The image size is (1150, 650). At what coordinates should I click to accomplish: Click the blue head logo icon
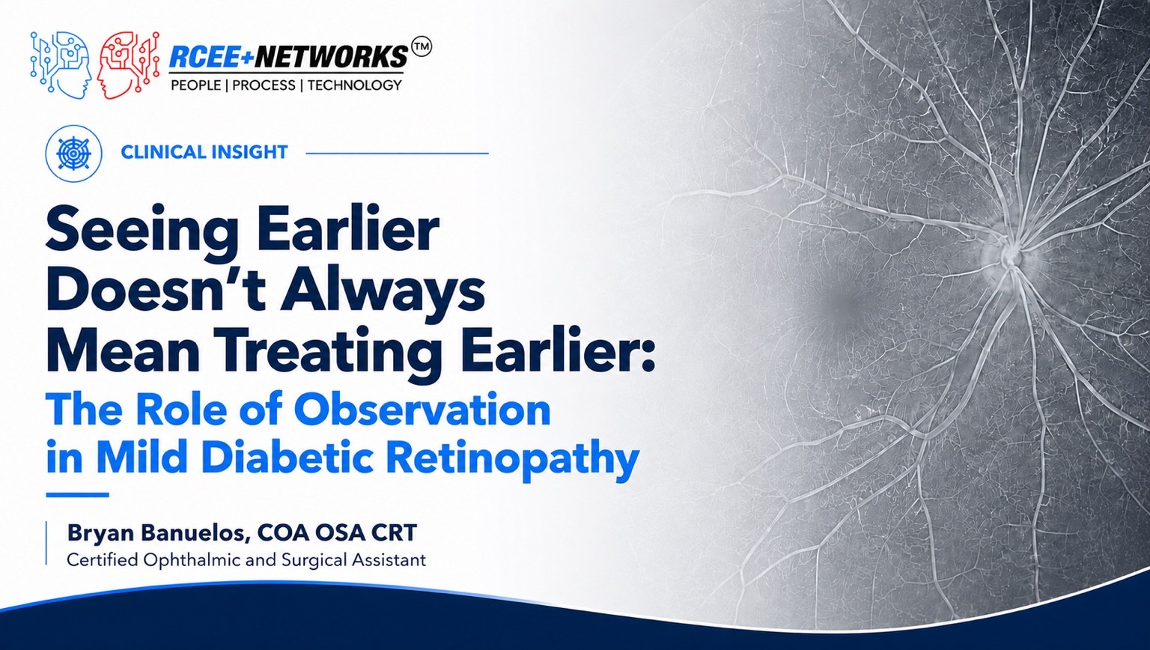[x=61, y=64]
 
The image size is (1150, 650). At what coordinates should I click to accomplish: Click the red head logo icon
[x=128, y=64]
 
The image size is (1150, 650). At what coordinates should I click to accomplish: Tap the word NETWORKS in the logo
[x=332, y=56]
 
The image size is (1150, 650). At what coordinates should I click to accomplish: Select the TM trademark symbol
[x=422, y=47]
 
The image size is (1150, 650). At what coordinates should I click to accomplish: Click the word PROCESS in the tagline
[x=264, y=85]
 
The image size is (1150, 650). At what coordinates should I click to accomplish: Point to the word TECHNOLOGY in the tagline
[x=355, y=85]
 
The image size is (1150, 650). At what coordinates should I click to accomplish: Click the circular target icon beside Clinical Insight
[x=74, y=153]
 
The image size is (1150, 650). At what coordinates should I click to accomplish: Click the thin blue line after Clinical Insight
[x=397, y=153]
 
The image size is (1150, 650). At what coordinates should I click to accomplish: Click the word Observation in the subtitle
[x=422, y=410]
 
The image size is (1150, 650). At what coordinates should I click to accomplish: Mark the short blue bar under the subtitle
[x=78, y=495]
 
